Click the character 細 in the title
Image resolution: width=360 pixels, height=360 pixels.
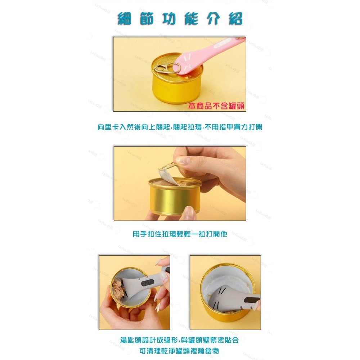[126, 18]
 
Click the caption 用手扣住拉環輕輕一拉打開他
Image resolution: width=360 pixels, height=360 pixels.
[180, 234]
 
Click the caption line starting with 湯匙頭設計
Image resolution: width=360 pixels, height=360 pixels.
[180, 340]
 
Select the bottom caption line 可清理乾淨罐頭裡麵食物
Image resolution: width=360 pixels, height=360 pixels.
[180, 351]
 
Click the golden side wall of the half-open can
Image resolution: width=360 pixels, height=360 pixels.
[173, 200]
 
